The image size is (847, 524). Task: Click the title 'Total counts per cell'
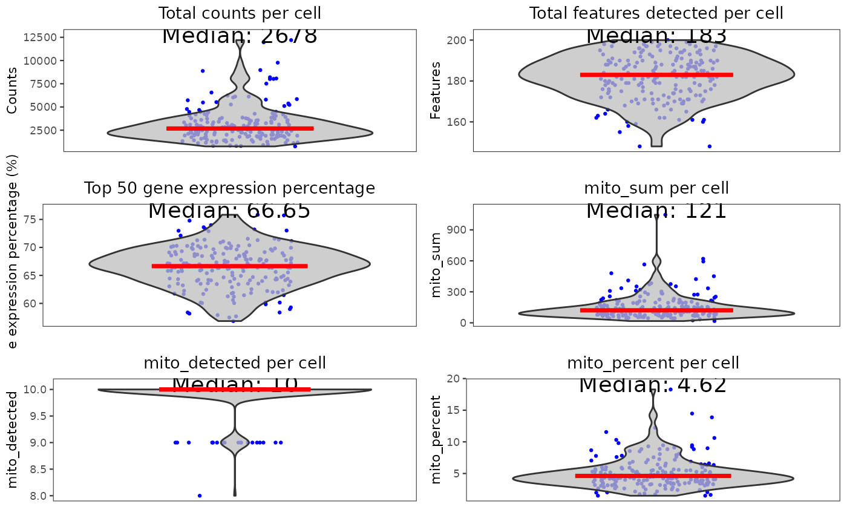[240, 13]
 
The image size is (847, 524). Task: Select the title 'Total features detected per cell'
[656, 13]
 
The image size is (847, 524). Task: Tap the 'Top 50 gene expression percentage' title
[229, 188]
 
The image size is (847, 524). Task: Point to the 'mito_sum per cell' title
[656, 188]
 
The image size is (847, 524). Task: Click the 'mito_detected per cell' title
[235, 363]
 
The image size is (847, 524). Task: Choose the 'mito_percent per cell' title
[653, 363]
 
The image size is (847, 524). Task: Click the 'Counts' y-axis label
[13, 91]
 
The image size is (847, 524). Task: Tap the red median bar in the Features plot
[656, 75]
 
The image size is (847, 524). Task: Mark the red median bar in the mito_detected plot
[235, 389]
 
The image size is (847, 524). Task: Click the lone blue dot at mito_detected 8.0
[200, 496]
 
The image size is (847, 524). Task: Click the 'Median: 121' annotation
[656, 211]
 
